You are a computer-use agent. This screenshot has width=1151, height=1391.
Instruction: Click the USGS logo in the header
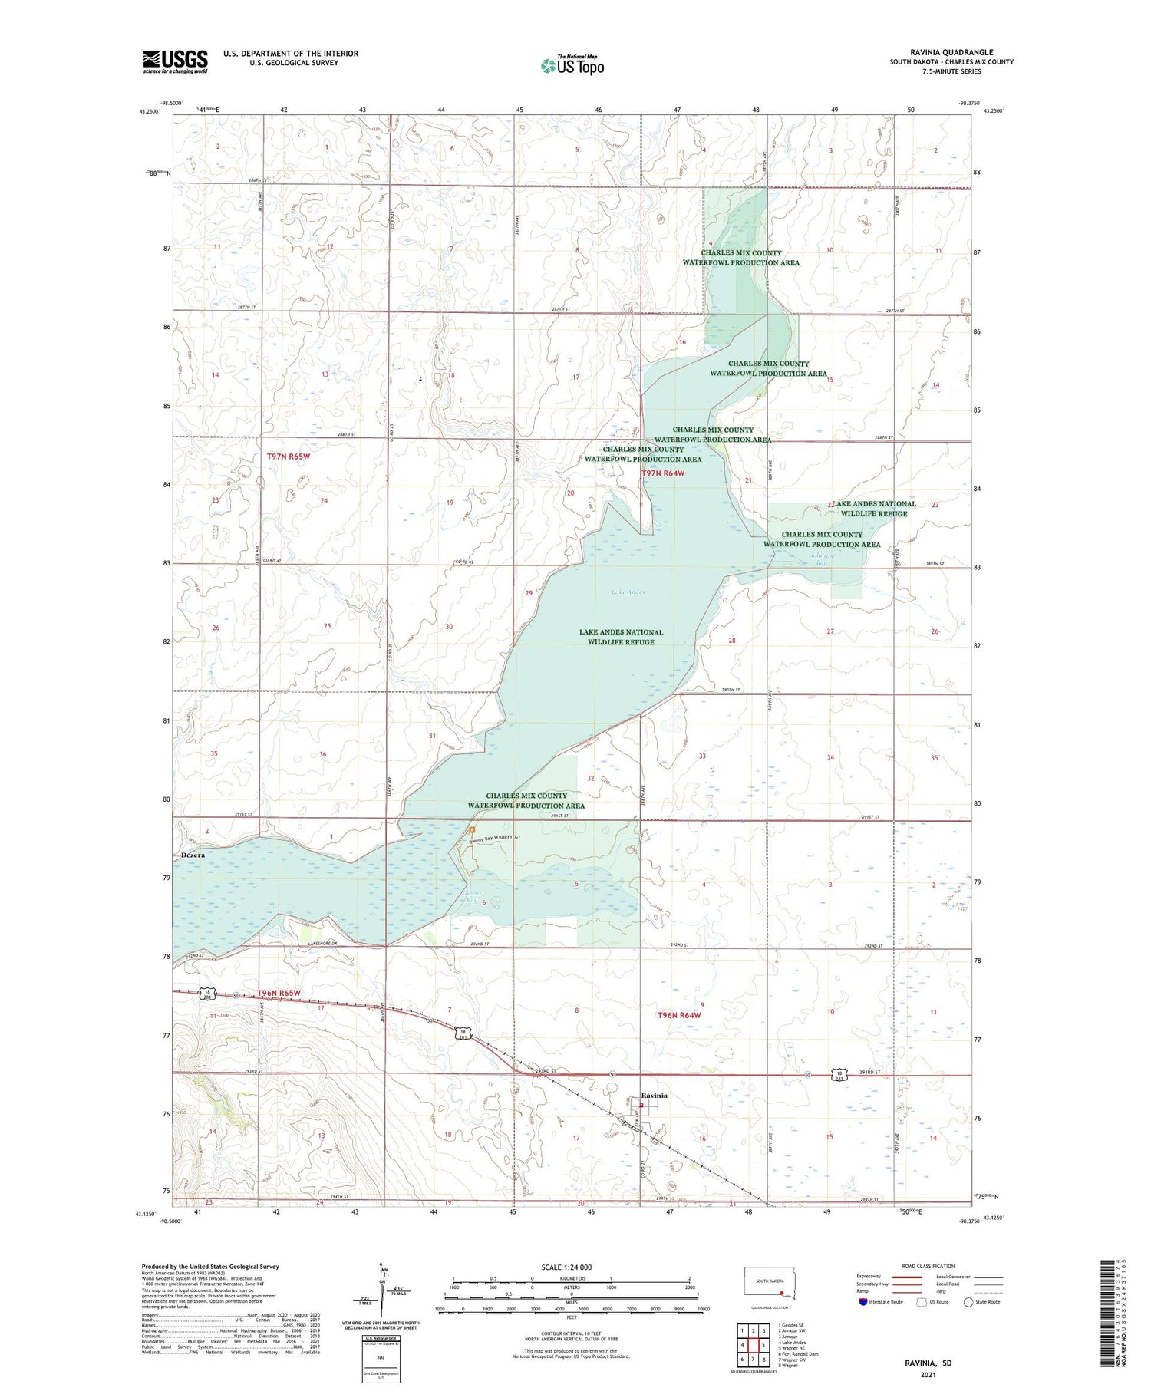tap(175, 61)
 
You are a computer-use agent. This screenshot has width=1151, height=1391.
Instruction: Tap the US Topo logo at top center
tap(572, 65)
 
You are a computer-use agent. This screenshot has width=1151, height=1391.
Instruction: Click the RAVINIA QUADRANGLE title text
tap(951, 53)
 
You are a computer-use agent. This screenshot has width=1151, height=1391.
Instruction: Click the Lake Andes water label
tap(628, 592)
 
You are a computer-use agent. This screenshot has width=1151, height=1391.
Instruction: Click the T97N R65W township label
tap(289, 457)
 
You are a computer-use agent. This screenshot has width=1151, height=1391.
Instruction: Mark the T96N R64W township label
tap(679, 1015)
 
